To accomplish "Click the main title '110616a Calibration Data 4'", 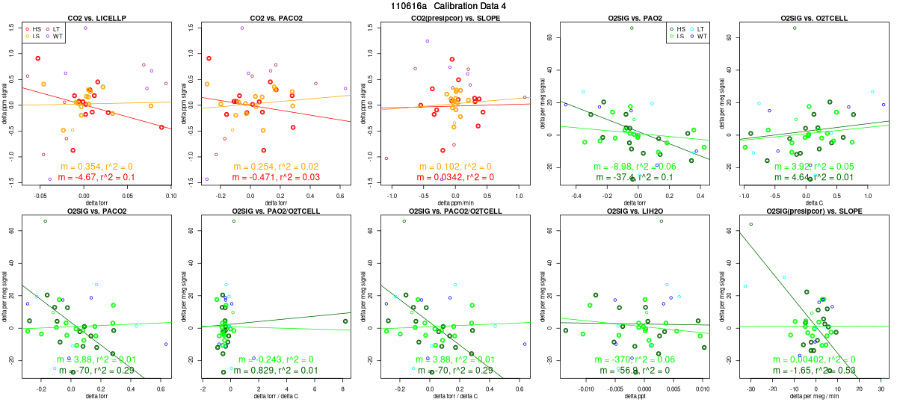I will click(449, 5).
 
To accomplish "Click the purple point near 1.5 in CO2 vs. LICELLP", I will click(85, 28).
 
